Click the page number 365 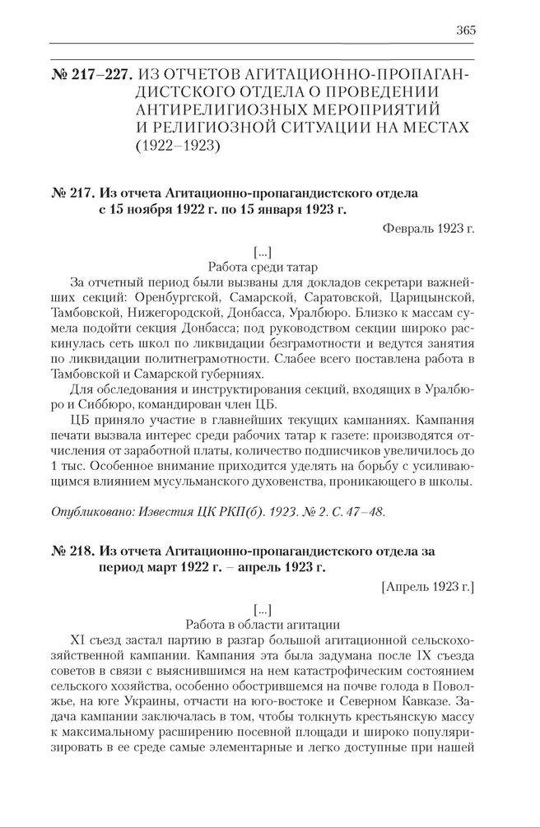click(x=465, y=30)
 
